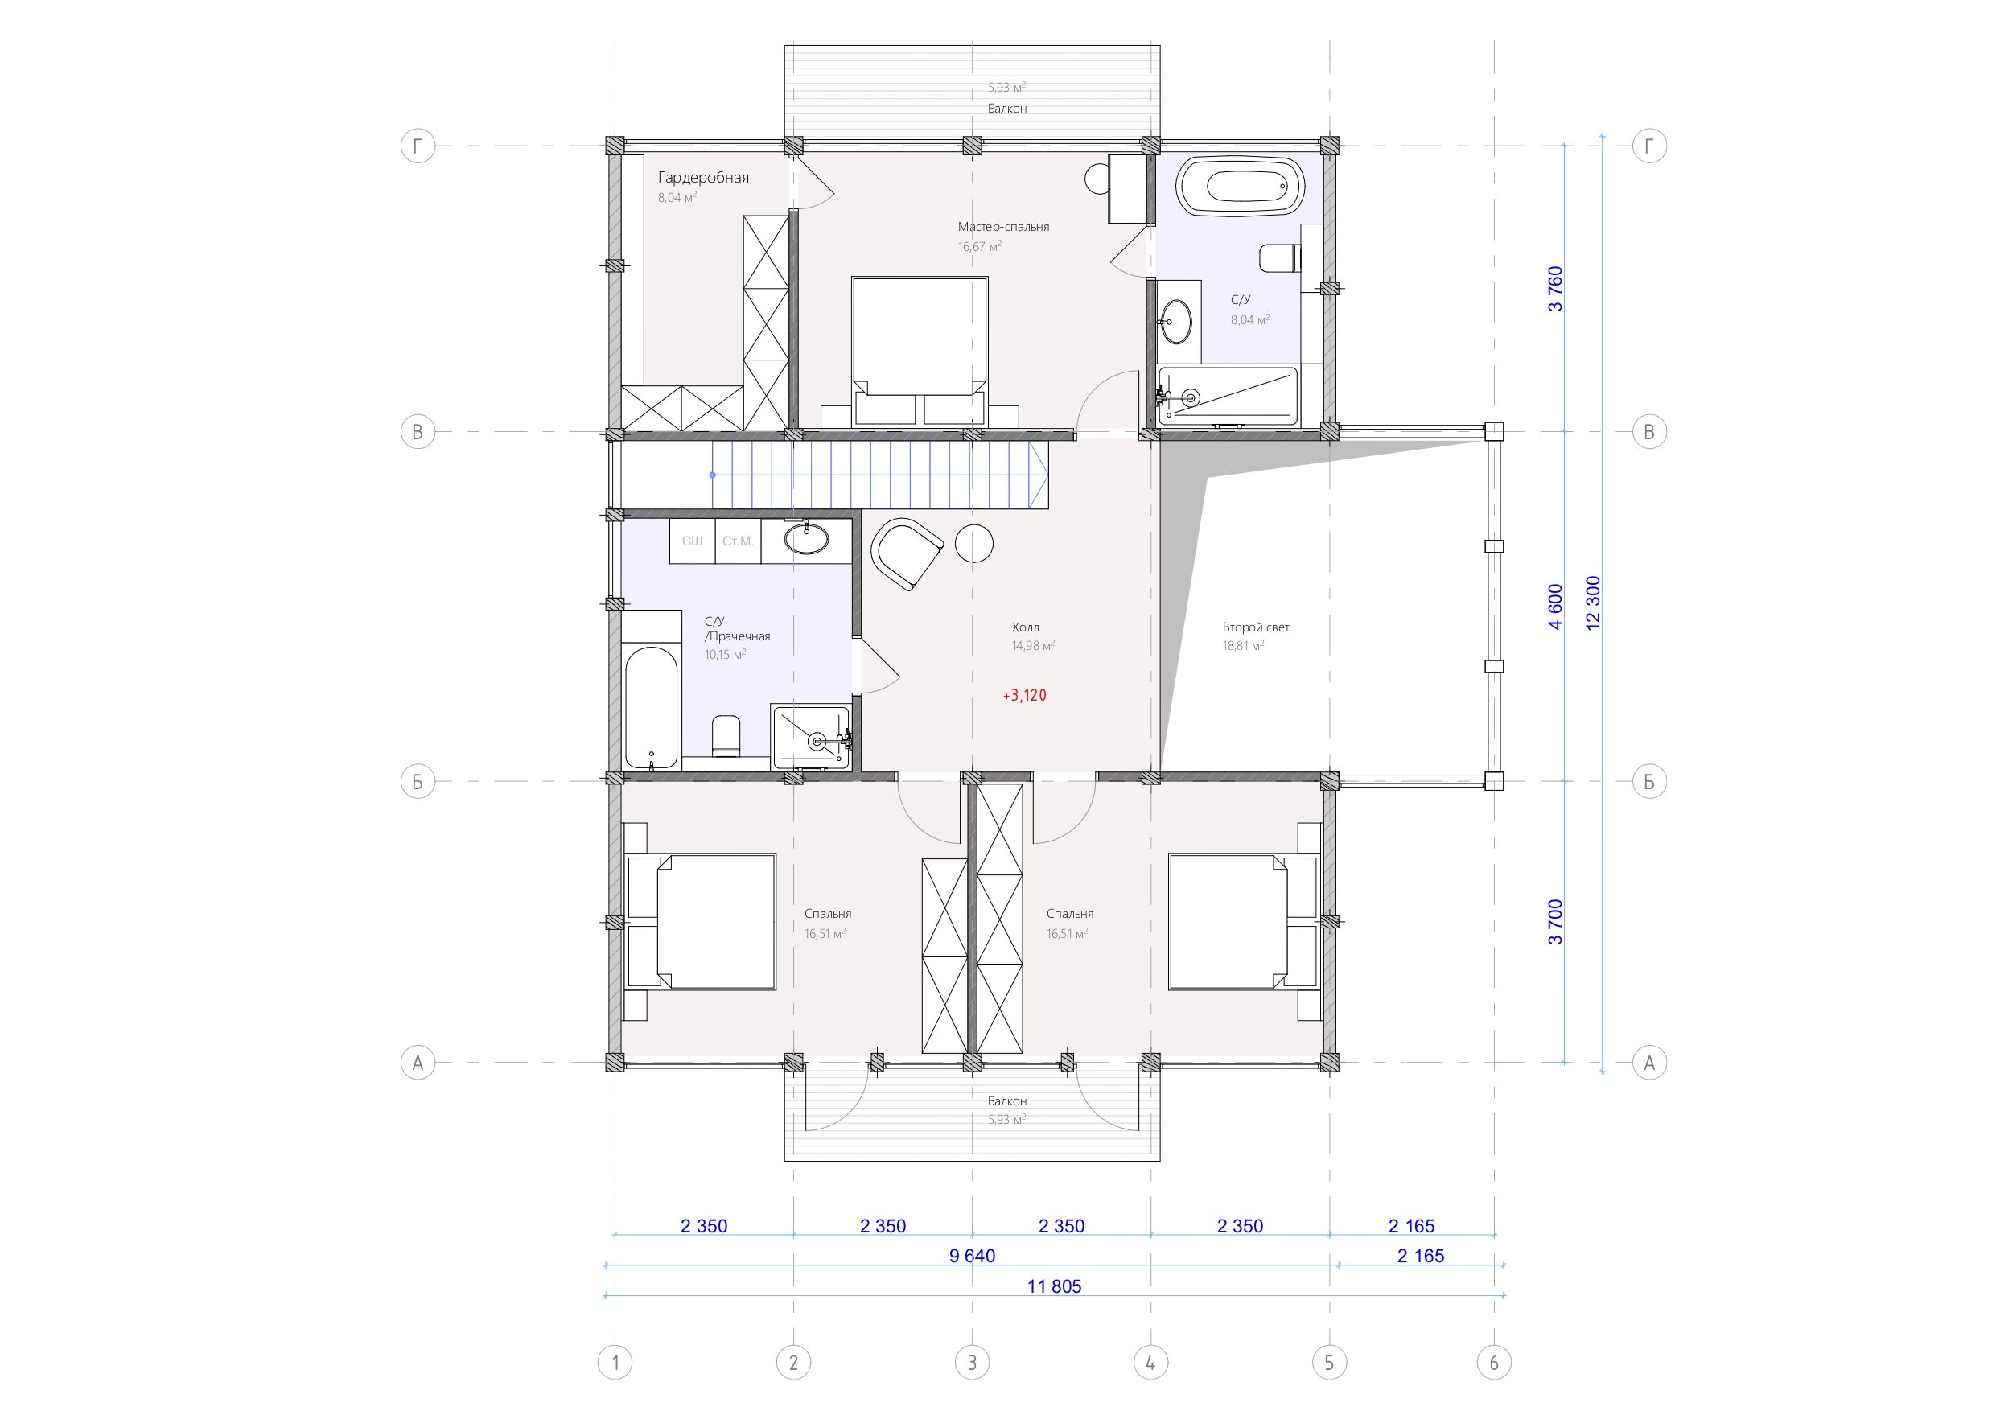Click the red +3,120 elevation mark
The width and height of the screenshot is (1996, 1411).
(1024, 696)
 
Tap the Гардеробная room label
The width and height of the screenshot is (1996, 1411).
(703, 177)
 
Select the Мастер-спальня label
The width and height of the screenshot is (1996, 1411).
(1003, 227)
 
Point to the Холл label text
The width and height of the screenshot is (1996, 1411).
(1025, 627)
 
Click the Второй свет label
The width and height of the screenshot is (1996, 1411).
(1255, 627)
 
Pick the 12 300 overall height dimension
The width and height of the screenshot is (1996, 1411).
(1593, 603)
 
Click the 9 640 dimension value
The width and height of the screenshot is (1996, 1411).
(972, 1256)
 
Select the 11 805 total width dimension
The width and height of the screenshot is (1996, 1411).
(1054, 1286)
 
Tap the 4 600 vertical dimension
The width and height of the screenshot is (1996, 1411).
(1555, 606)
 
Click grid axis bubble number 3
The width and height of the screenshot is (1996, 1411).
(972, 1362)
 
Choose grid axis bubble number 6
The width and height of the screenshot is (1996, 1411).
(1493, 1362)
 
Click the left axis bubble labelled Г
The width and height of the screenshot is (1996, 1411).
(418, 146)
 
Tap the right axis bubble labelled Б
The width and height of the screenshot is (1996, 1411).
(1649, 782)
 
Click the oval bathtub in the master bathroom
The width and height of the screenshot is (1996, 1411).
(1240, 186)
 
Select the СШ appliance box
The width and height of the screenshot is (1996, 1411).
(692, 541)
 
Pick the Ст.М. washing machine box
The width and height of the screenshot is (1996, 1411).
(737, 541)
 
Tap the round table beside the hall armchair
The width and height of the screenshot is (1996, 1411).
(973, 543)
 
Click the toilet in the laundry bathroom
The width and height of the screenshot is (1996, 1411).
(726, 735)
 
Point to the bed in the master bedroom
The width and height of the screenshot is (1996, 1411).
(920, 352)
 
